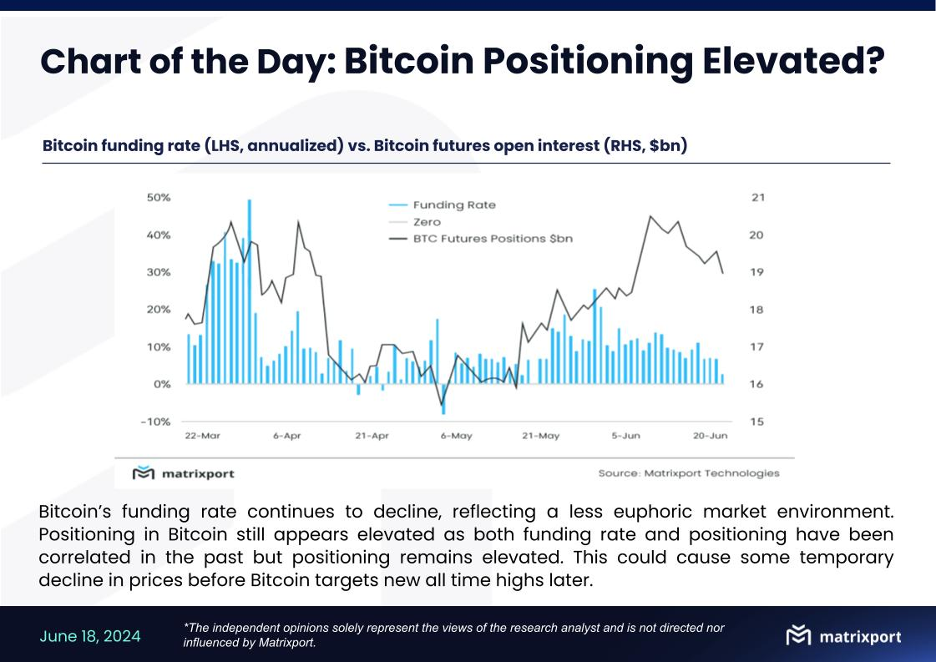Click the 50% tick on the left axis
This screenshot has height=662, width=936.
coord(158,198)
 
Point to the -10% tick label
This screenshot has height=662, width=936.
coord(155,422)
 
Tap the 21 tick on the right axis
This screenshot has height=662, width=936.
coord(757,198)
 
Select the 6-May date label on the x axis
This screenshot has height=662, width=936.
coord(455,437)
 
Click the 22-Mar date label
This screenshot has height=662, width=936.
coord(202,437)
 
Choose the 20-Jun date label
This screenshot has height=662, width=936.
coord(711,437)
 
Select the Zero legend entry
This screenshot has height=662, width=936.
coord(426,222)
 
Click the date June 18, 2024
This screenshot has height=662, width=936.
coord(90,636)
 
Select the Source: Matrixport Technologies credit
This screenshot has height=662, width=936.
coord(688,473)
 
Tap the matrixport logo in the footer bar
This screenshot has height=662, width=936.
coord(843,636)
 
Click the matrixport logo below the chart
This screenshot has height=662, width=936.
coord(184,473)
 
